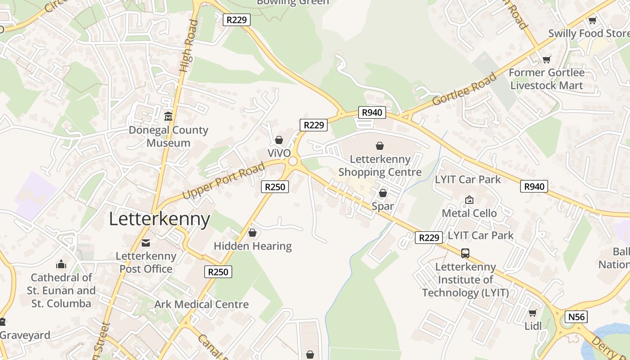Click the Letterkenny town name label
point(159,219)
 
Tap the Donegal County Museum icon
point(168,117)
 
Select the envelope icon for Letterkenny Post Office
point(146,243)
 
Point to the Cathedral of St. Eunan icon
point(61,264)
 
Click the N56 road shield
point(576,317)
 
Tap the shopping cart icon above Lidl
point(533,313)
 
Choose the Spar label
point(382,207)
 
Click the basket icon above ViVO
point(279,140)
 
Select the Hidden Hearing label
point(252,246)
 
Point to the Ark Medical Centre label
point(201,305)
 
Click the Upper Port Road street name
point(224,181)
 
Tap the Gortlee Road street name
point(465,89)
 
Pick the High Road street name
point(189,46)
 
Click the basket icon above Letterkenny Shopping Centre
point(380,146)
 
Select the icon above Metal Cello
point(469,199)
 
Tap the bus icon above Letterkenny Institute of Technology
point(465,253)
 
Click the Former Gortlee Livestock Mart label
point(547,79)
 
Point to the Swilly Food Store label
point(589,34)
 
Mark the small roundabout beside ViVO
point(293,161)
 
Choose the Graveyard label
point(25,335)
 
